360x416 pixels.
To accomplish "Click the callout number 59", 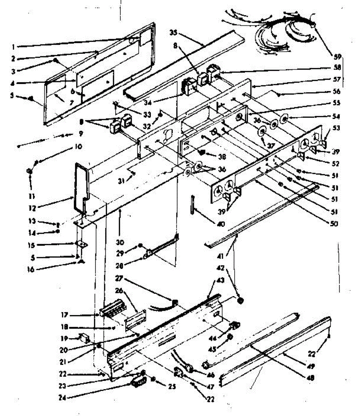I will point(337,57).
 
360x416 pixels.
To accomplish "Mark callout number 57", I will point(337,79).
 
